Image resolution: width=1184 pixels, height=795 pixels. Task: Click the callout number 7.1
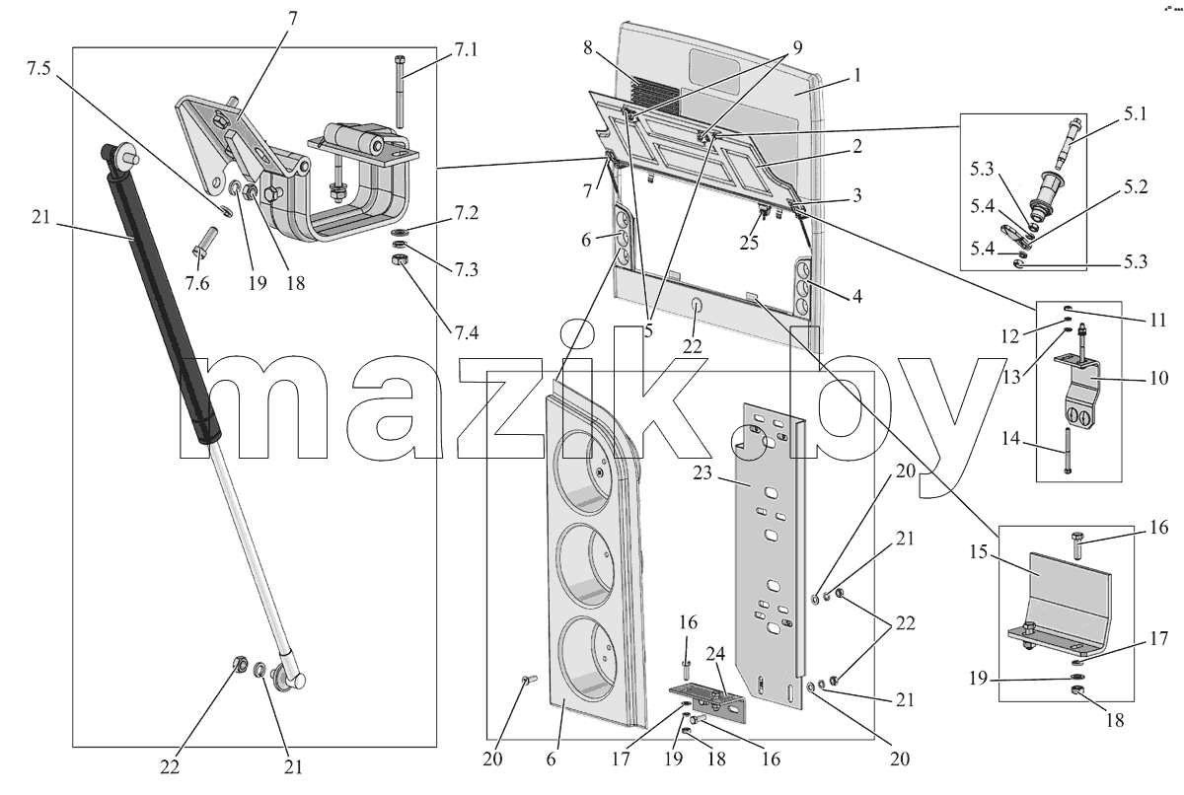[x=465, y=50]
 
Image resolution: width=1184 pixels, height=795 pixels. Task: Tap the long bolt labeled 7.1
[x=401, y=92]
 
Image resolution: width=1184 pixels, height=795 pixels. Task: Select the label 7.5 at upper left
[x=39, y=69]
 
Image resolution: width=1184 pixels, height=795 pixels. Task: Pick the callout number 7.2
[x=466, y=213]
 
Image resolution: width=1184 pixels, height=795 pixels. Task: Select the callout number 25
[x=749, y=243]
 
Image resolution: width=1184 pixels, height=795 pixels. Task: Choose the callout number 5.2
[x=1135, y=187]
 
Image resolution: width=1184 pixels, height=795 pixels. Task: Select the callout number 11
[x=1158, y=321]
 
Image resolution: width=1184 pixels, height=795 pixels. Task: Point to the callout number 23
[x=703, y=472]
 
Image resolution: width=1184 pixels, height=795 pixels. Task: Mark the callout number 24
[x=715, y=655]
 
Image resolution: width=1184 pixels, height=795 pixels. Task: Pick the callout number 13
[x=1011, y=377]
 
